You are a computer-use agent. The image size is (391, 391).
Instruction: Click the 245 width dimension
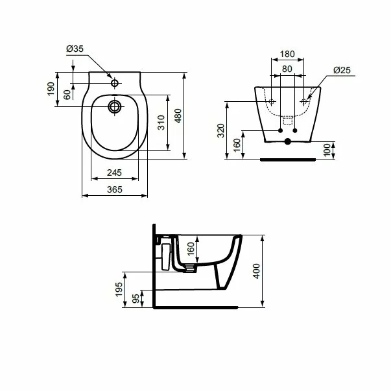point(114,172)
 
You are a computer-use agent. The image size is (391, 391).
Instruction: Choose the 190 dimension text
point(51,89)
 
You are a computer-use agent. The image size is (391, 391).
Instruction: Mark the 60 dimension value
point(68,95)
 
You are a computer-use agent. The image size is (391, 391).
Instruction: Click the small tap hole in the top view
point(115,84)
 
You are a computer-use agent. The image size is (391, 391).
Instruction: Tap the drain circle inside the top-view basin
point(115,106)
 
